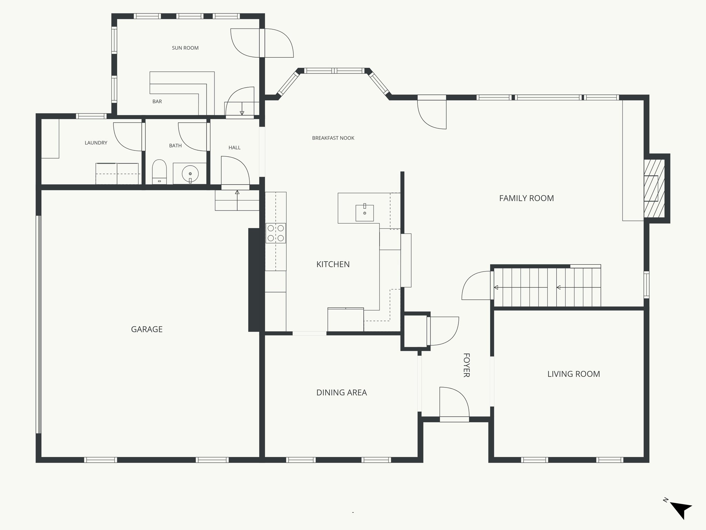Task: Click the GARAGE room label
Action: click(147, 329)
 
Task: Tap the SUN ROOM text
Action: click(185, 48)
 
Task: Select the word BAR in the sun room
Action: click(157, 101)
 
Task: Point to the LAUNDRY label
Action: click(96, 143)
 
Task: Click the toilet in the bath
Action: click(159, 171)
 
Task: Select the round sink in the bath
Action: click(190, 174)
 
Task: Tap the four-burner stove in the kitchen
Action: click(276, 233)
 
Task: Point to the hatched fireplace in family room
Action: click(654, 188)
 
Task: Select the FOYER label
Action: click(466, 365)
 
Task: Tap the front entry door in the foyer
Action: click(454, 404)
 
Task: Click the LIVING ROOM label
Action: click(574, 374)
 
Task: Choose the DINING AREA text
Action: click(341, 393)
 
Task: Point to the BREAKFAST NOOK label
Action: click(333, 138)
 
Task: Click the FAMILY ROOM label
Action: click(526, 198)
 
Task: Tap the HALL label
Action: click(234, 148)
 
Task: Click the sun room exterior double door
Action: click(262, 43)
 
